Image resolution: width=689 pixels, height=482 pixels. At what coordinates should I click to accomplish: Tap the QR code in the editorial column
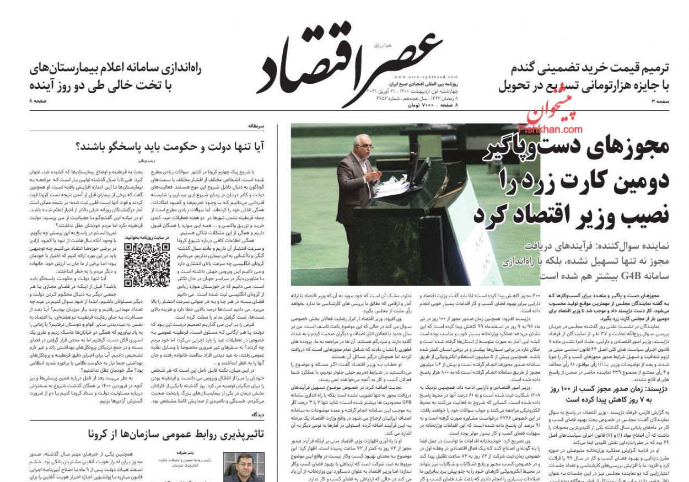[x=147, y=265]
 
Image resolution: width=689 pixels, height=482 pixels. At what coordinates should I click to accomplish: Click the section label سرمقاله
[x=256, y=126]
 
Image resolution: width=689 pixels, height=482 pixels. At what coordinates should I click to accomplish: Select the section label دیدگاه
[x=257, y=414]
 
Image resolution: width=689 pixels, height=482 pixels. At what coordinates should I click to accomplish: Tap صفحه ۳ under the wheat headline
[x=660, y=102]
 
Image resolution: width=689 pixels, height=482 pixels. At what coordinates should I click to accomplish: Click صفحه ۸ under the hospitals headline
[x=39, y=102]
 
